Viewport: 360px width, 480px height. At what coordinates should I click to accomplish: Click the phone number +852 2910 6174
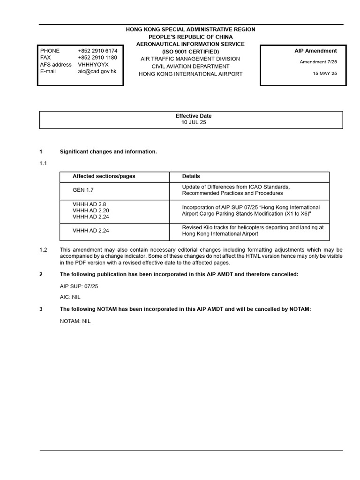[97, 51]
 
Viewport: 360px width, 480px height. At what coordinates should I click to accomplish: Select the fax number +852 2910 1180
[97, 58]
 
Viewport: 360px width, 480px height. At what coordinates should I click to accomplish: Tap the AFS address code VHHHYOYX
[93, 65]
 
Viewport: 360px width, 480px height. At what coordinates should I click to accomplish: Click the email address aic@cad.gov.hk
[97, 71]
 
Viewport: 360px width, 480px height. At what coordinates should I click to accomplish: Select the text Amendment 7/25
[318, 62]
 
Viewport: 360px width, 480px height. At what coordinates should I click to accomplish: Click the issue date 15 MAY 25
[325, 74]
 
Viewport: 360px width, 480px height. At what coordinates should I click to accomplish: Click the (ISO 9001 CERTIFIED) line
[190, 51]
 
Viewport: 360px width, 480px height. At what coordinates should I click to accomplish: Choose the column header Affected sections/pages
[104, 176]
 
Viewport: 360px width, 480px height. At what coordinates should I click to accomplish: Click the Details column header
[191, 176]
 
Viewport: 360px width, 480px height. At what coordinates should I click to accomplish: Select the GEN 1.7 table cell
[82, 190]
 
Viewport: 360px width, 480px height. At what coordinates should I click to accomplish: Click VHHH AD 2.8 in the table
[88, 205]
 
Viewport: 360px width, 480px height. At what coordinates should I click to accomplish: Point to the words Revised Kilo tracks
[204, 227]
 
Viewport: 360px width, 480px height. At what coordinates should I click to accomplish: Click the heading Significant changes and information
[108, 152]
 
